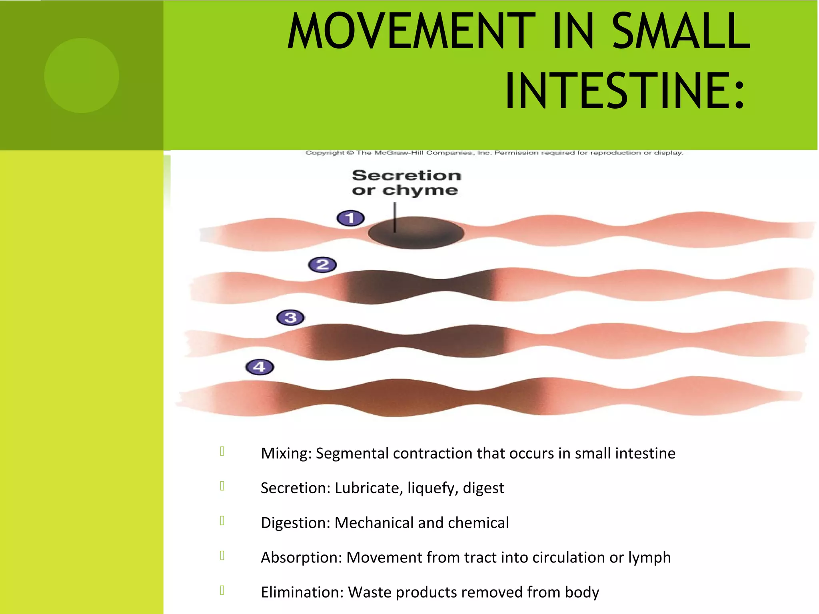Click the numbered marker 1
click(x=350, y=218)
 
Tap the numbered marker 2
click(x=322, y=265)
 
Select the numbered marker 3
click(x=290, y=318)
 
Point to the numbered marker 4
click(x=260, y=367)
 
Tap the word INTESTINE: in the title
click(x=625, y=91)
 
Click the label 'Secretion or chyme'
click(x=406, y=183)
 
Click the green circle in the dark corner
click(x=82, y=76)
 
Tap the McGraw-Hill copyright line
click(x=494, y=153)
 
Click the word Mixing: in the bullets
click(x=286, y=454)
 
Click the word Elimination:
click(x=302, y=592)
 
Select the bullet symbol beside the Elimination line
click(x=222, y=590)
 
